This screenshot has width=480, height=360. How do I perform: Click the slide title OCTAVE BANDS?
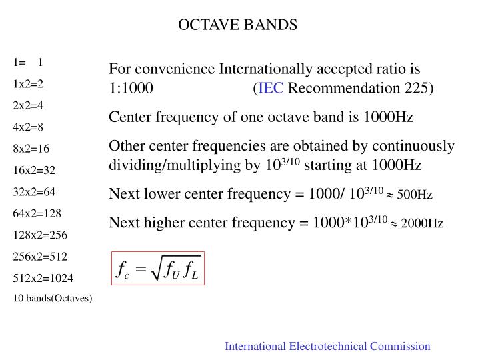click(237, 25)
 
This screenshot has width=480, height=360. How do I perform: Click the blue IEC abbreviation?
click(271, 88)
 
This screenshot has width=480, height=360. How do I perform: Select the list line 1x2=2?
click(27, 84)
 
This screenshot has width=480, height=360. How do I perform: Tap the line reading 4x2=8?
click(27, 127)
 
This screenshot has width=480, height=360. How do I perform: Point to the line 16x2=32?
click(33, 170)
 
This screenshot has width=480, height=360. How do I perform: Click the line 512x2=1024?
click(43, 277)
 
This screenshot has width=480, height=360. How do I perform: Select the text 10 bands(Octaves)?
click(53, 298)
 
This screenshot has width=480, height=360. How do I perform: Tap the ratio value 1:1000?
click(131, 88)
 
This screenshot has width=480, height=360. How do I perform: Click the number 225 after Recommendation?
click(418, 88)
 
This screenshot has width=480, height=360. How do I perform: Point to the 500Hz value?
click(417, 195)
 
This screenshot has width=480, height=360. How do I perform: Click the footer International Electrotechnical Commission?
click(327, 346)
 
